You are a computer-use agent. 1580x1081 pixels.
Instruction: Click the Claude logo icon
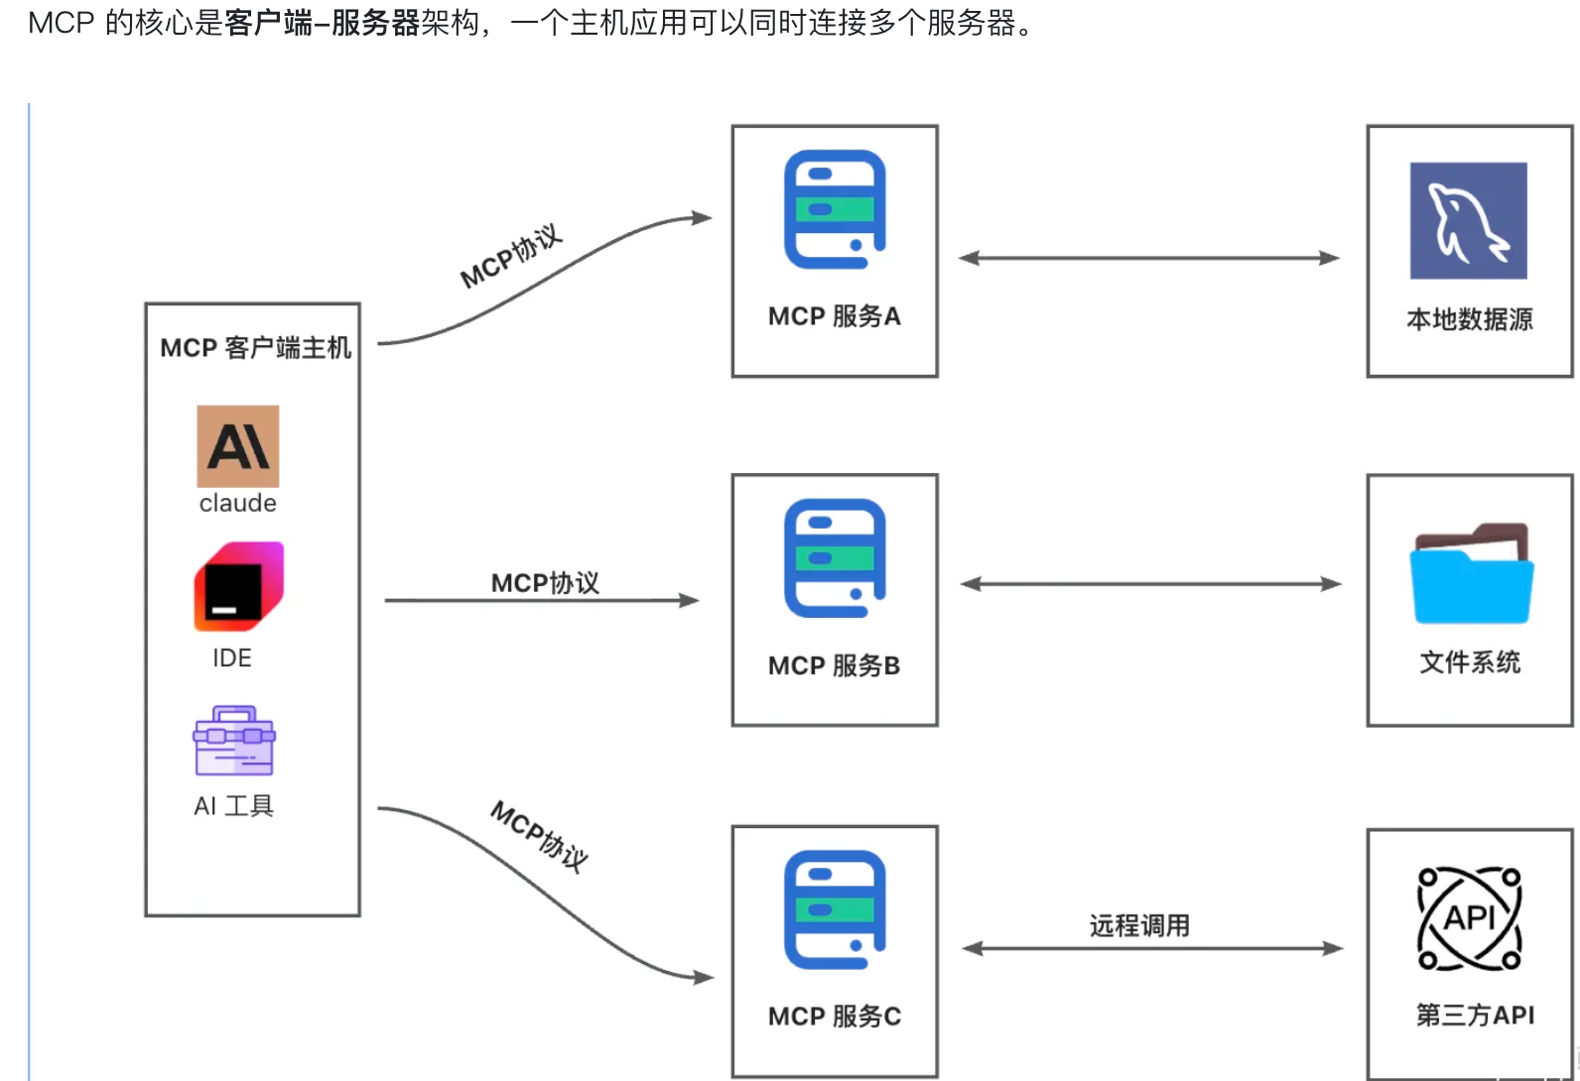238,446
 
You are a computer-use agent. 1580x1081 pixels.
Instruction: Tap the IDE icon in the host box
238,586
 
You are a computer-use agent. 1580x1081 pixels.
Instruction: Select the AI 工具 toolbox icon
234,741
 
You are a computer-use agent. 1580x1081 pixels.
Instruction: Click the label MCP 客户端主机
255,348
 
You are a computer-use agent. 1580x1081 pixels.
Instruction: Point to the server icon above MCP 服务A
835,209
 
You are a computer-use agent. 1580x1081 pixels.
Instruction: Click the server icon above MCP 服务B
835,558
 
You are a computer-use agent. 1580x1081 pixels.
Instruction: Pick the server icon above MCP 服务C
835,909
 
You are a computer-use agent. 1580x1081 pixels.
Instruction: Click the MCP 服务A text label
835,316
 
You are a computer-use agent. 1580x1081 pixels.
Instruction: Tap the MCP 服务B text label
835,665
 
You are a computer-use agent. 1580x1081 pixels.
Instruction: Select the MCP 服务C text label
835,1017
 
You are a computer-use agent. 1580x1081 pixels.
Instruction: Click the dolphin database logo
1468,220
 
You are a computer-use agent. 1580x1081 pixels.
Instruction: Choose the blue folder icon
1472,575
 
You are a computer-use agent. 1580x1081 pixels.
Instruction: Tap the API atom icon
1469,918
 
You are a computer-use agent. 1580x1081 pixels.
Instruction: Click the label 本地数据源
1470,319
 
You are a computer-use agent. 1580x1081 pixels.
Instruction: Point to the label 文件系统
1470,662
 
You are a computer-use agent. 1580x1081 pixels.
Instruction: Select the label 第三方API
1475,1016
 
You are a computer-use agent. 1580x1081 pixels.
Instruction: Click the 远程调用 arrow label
1139,926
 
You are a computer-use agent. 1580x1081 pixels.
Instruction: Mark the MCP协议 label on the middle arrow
545,583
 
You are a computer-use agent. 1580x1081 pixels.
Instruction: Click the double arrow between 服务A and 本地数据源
1149,258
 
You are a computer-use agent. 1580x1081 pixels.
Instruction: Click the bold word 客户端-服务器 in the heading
323,23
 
